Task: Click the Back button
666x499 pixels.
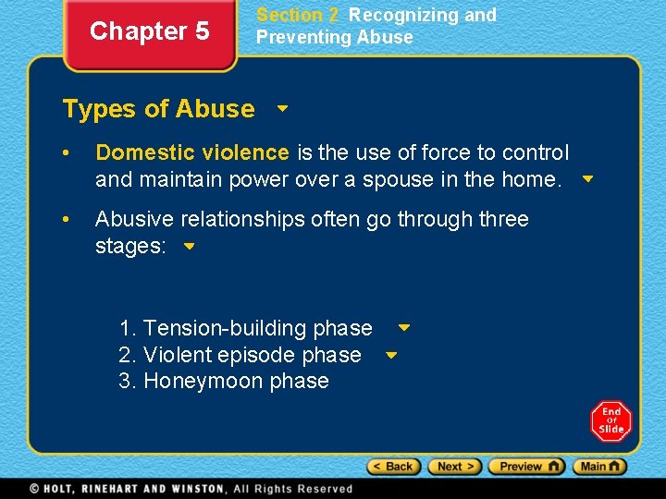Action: [394, 467]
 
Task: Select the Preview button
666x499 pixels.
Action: [525, 467]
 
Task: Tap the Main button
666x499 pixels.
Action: [599, 467]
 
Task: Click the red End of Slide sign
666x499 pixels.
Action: [611, 421]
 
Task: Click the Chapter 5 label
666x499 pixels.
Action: [149, 31]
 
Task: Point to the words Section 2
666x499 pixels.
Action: [297, 15]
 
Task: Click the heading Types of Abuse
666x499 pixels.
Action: [158, 109]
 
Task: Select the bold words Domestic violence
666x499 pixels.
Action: [192, 152]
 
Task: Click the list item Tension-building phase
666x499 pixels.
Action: [246, 328]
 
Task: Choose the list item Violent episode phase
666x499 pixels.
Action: [240, 355]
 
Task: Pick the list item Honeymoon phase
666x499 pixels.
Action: [224, 382]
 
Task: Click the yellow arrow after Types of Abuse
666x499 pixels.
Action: [283, 108]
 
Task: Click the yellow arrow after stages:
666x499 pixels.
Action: [189, 247]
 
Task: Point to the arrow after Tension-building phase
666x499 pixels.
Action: [404, 327]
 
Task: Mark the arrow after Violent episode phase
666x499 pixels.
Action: [390, 354]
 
